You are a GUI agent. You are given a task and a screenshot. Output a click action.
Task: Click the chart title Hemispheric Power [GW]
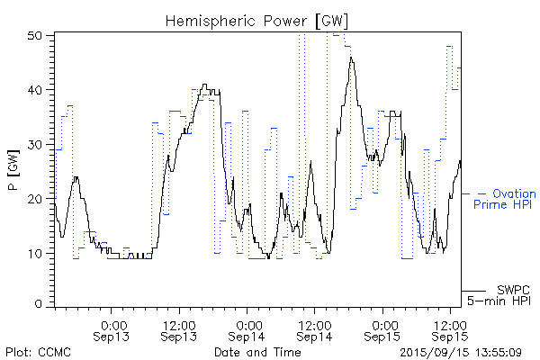(257, 19)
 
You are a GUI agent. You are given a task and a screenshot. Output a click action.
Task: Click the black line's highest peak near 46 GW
(351, 58)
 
